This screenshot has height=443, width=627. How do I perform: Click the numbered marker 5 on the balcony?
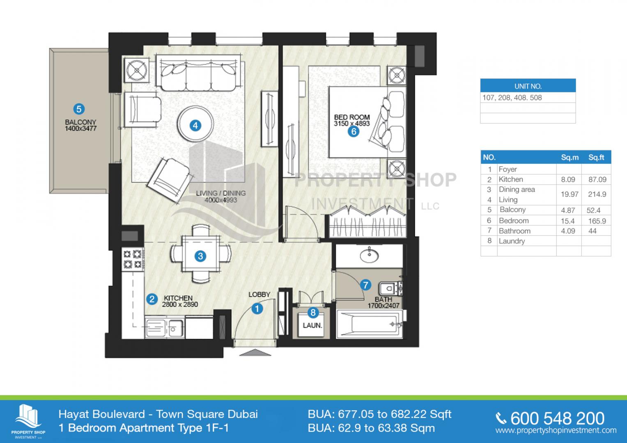coord(79,109)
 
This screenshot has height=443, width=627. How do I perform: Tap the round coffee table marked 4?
coord(195,123)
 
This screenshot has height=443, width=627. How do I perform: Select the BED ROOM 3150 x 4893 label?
coord(352,120)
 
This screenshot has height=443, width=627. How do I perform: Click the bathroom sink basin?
coord(369,256)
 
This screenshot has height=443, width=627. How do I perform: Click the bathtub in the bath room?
coord(370,324)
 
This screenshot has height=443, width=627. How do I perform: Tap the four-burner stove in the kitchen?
coord(133,259)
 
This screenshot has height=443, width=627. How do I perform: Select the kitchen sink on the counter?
coord(165,328)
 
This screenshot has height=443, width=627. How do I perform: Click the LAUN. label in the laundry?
coord(312,326)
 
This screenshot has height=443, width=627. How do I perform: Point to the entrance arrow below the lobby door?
coord(255,352)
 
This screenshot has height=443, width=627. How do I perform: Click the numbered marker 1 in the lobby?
coord(257,309)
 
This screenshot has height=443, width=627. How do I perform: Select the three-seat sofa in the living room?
coord(198,73)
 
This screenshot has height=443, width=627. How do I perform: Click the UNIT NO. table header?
coord(528,86)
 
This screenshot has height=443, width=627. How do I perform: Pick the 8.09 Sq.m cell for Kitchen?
coord(568,180)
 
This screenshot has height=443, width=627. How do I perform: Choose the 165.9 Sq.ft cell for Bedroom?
coord(597,221)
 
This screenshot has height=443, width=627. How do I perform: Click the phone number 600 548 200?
coord(557,419)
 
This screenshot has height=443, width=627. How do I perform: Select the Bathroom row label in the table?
coord(514,231)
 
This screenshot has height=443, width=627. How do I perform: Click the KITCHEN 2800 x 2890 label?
coord(180,301)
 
